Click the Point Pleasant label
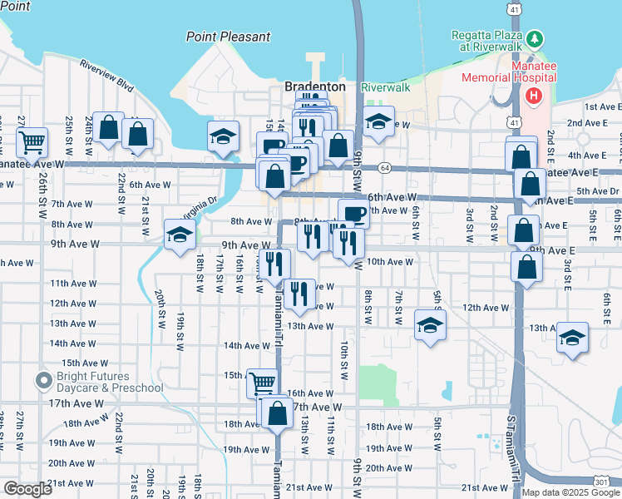(x=228, y=37)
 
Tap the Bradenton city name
(x=314, y=86)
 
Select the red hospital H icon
(x=532, y=96)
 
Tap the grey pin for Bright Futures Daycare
(x=44, y=381)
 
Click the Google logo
(x=28, y=489)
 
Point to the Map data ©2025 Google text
(x=570, y=492)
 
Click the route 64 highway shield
(x=385, y=168)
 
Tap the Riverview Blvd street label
(x=106, y=75)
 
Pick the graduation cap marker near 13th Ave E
(x=572, y=338)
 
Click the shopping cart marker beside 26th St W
(x=32, y=141)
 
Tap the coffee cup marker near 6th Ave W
(x=353, y=213)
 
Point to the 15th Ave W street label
(x=81, y=363)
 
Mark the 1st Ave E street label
(x=603, y=106)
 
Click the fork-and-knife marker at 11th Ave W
(x=299, y=293)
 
